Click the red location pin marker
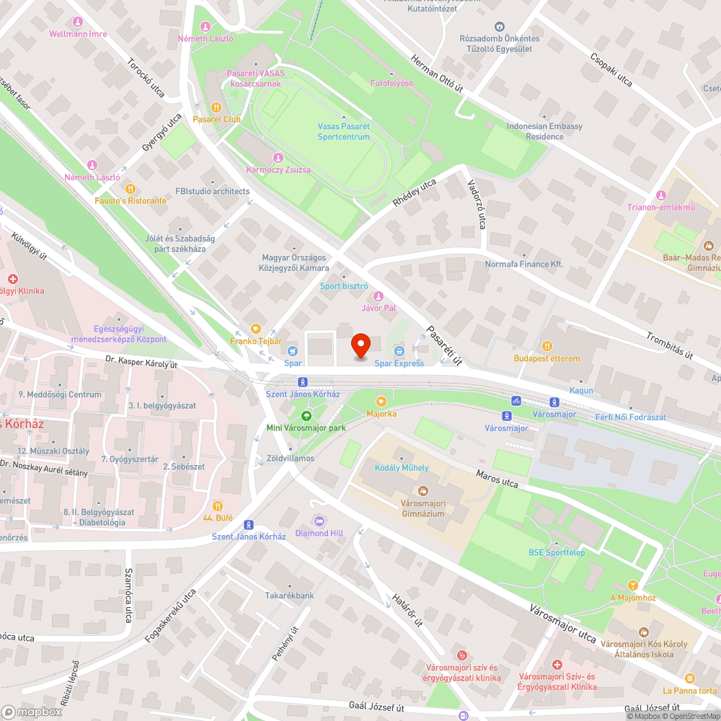(360, 346)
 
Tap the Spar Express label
(399, 363)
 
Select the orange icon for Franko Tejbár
(255, 329)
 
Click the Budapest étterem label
(547, 358)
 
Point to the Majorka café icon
(381, 401)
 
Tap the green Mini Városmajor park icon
(306, 415)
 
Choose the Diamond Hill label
(319, 533)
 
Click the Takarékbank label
(289, 596)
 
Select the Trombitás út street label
(669, 345)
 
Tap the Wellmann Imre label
(78, 34)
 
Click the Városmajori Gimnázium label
(423, 508)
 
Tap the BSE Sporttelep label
(556, 552)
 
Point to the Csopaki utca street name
(611, 70)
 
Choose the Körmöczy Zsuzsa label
(278, 169)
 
